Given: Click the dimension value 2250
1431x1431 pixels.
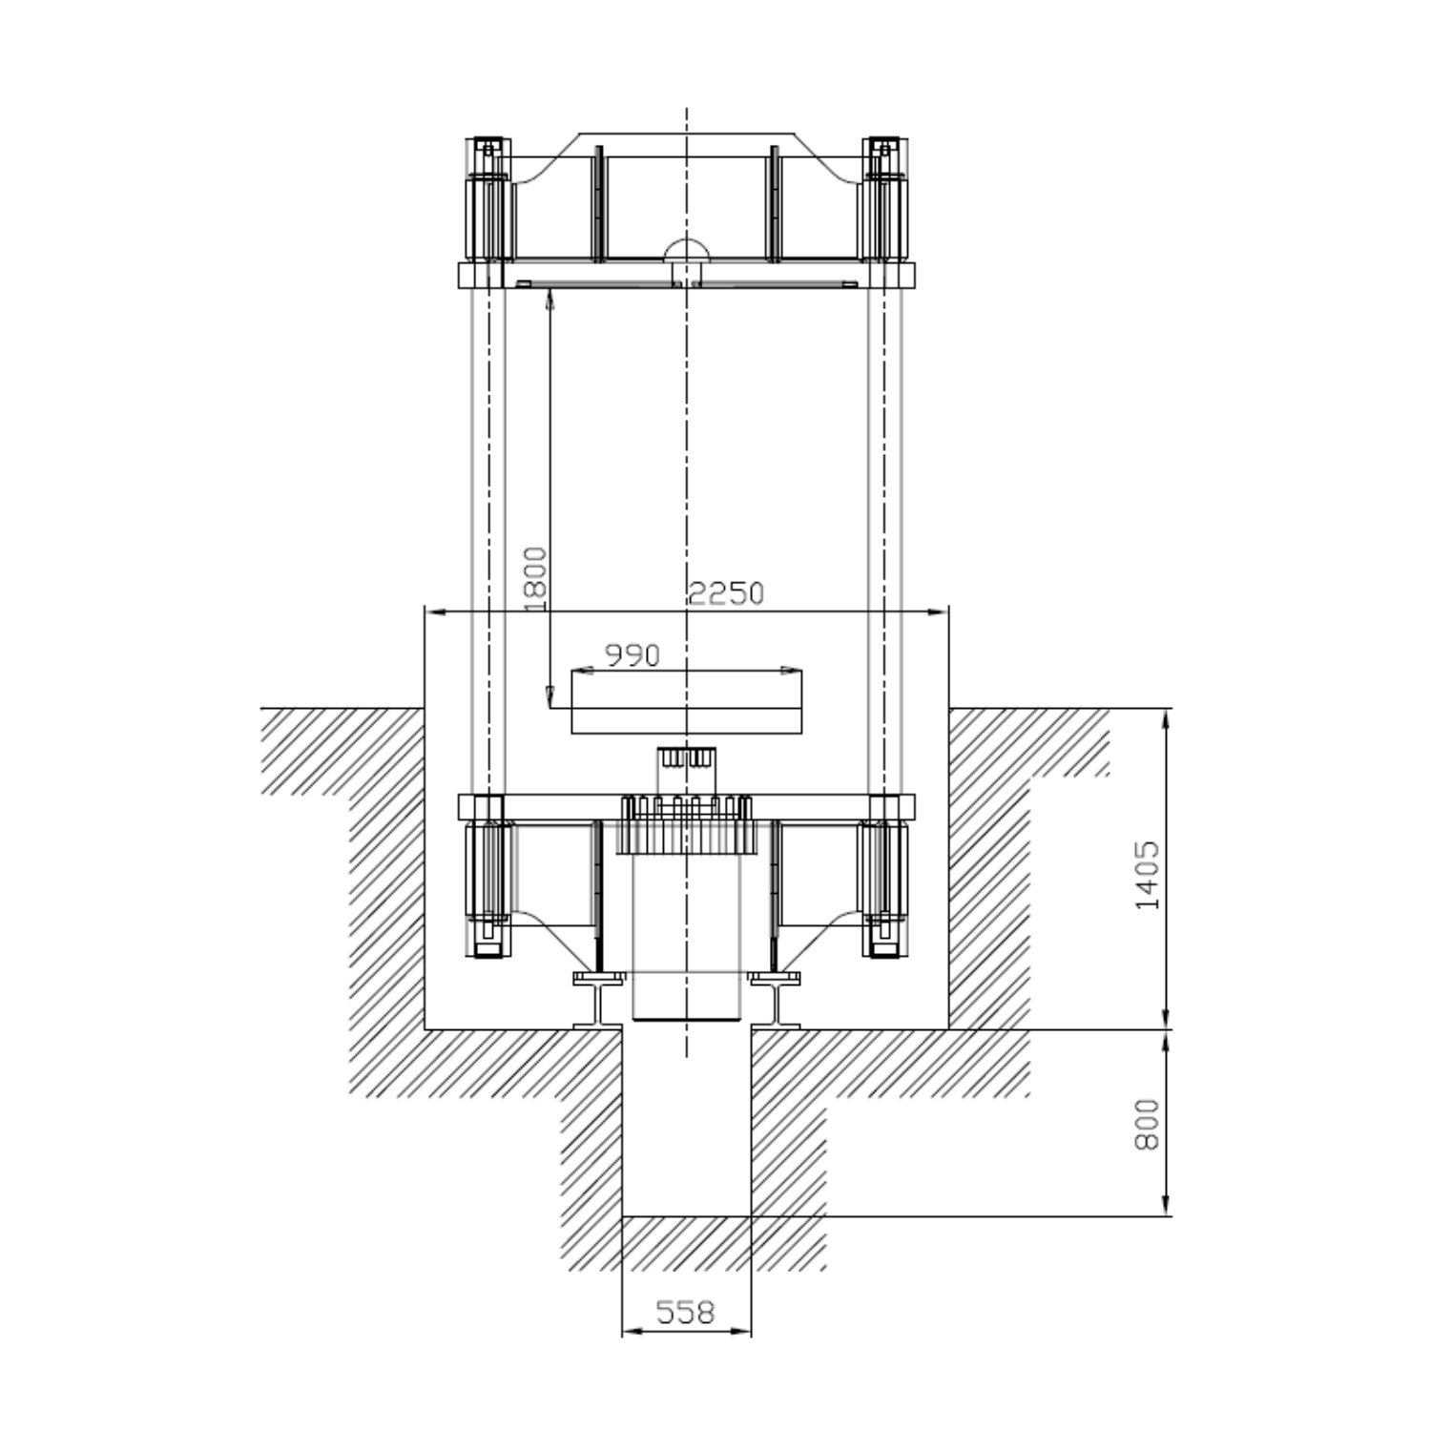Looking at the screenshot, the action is pos(726,593).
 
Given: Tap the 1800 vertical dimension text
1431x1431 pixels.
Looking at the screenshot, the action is pos(537,578).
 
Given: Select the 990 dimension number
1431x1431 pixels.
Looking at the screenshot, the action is pos(633,654).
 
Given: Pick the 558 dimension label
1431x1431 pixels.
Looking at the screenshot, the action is pos(686,1313).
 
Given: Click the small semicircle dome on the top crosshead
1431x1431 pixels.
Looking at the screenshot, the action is pos(687,247).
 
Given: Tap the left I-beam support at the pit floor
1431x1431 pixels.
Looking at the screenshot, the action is pos(600,999).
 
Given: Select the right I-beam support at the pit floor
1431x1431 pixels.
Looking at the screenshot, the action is pos(774,999).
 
